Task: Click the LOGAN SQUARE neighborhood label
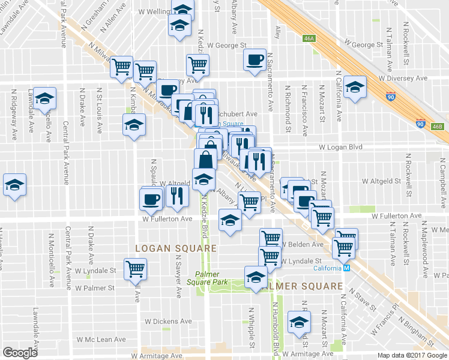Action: tap(175, 248)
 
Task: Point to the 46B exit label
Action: tap(437, 126)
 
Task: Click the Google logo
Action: tap(20, 353)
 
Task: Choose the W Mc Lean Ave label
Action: tap(104, 340)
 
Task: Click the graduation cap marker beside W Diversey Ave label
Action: tap(355, 88)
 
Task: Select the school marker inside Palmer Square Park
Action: tap(256, 277)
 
